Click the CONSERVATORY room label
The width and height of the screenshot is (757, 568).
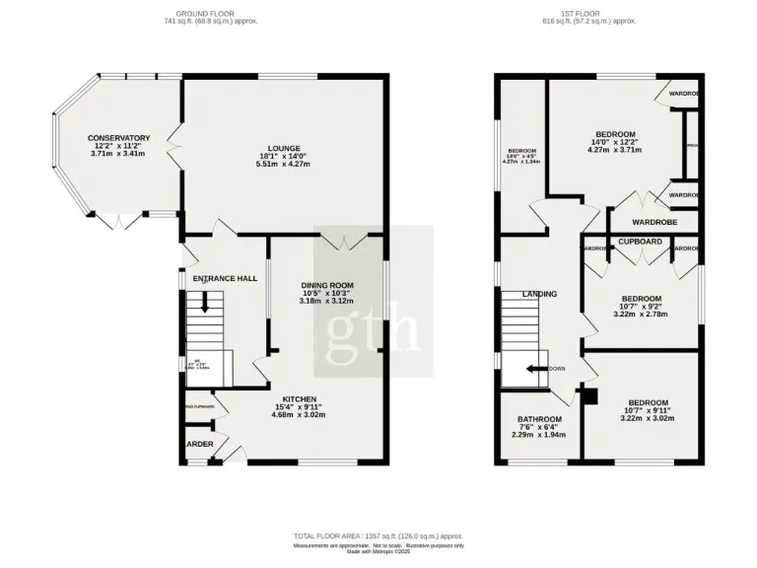(x=118, y=138)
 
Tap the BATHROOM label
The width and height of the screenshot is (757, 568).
(x=538, y=418)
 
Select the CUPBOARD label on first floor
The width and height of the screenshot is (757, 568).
(x=640, y=241)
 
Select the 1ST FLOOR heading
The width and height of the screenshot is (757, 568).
(x=589, y=13)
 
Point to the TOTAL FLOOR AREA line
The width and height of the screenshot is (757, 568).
(x=378, y=537)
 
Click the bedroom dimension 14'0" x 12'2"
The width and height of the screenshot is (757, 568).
(x=615, y=143)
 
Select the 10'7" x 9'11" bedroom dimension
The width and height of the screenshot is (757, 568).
(x=648, y=411)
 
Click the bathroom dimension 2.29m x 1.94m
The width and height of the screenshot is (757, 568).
(x=538, y=435)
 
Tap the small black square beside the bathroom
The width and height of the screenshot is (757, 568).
(x=590, y=395)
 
